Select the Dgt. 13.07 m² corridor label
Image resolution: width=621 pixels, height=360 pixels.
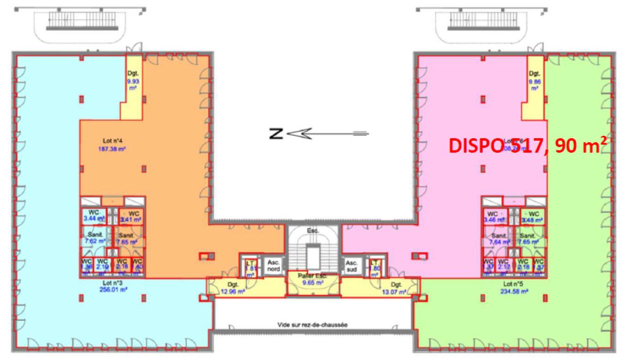(393, 289)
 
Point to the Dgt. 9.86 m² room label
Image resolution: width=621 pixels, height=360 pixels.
(534, 81)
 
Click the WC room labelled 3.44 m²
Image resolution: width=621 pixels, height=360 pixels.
(94, 216)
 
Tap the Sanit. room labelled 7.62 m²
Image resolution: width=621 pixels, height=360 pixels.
(94, 238)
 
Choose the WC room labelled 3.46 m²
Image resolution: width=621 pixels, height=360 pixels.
(492, 216)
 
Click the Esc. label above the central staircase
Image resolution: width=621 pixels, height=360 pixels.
(313, 230)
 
